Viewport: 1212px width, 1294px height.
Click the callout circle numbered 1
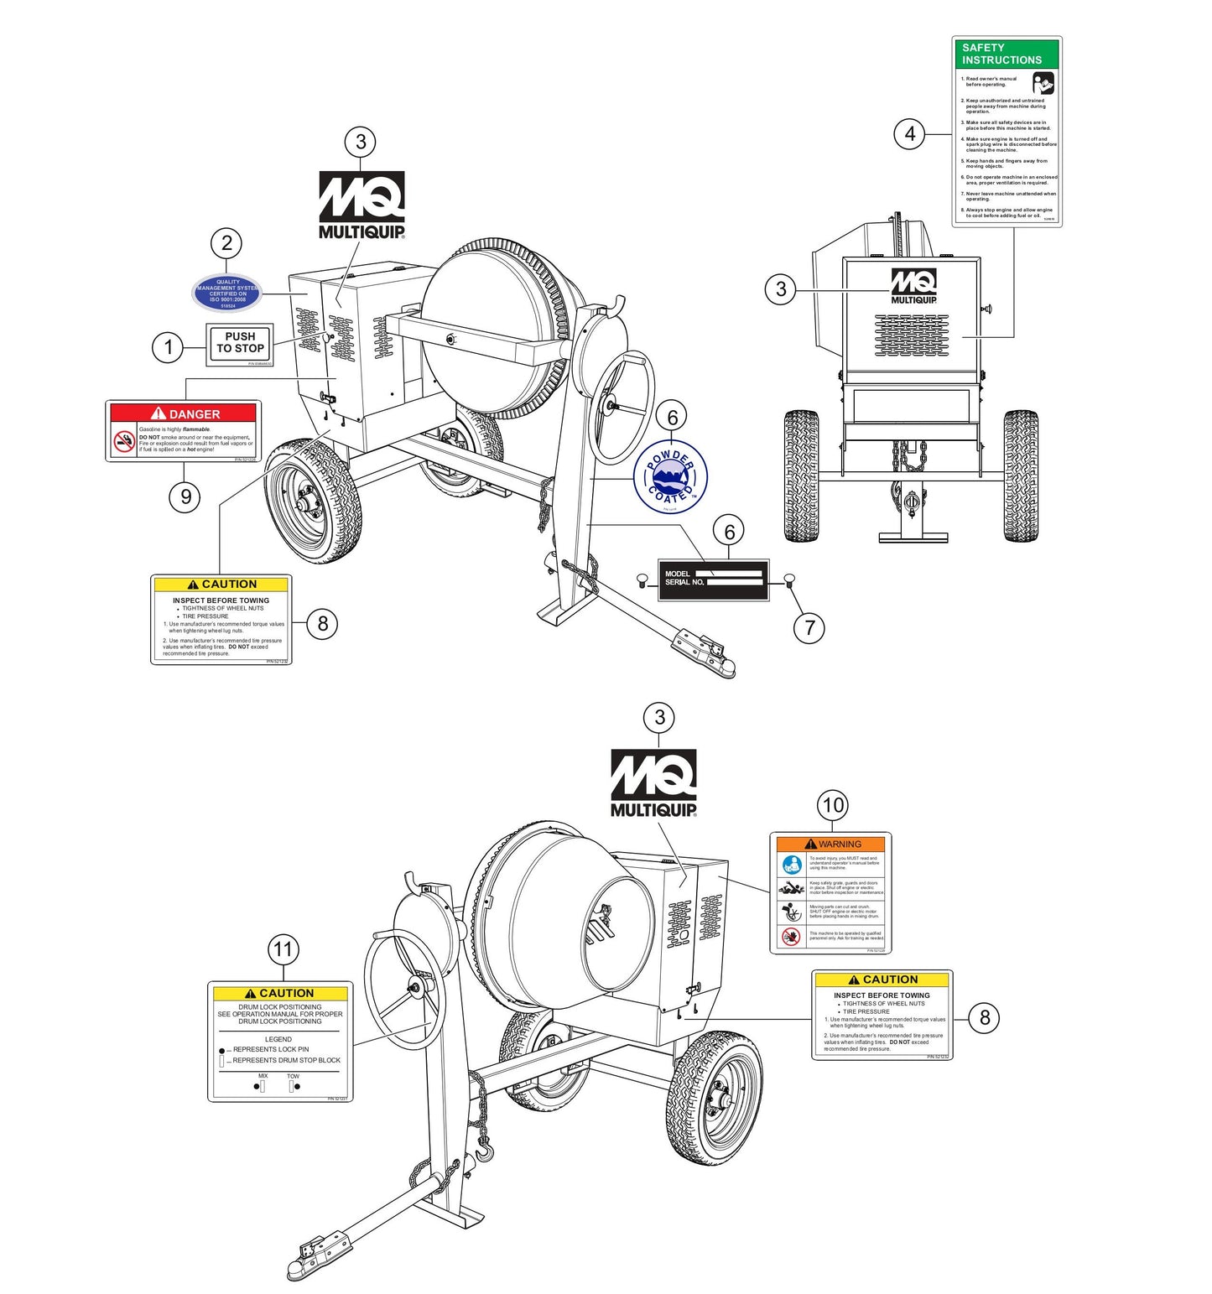(168, 347)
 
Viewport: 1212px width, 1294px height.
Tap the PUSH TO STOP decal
(240, 343)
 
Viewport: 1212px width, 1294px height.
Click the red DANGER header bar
(184, 413)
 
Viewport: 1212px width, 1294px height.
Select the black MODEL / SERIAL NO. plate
(713, 579)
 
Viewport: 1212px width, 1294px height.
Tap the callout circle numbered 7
(809, 626)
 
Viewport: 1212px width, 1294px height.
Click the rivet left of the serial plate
(642, 579)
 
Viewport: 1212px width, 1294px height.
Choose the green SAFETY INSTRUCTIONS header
(1007, 54)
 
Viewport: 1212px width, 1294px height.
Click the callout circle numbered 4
(910, 133)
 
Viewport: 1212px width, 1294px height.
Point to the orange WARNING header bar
(830, 844)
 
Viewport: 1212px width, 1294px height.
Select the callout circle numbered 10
(833, 805)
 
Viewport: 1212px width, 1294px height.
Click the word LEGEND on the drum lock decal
(278, 1039)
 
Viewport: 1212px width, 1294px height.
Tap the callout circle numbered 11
(283, 949)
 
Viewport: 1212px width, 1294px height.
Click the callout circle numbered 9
(185, 496)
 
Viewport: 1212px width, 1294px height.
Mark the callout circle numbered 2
(226, 243)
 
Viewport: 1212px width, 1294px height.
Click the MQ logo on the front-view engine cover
(913, 286)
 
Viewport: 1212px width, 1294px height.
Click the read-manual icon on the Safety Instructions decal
(1043, 83)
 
